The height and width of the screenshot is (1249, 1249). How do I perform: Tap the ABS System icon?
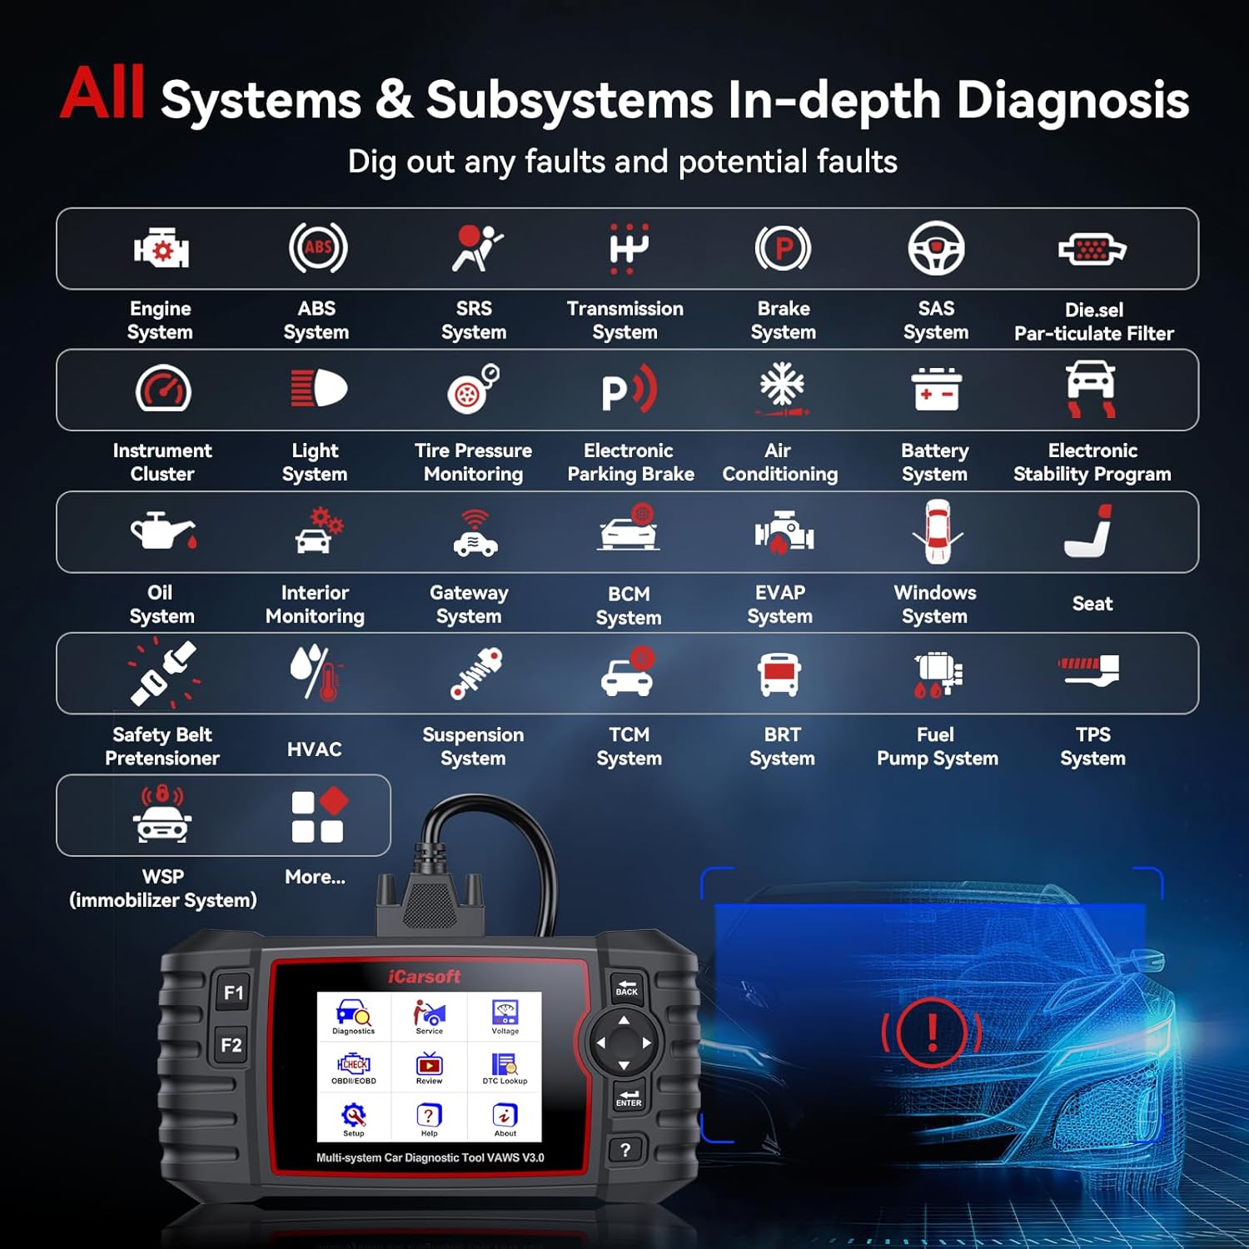[317, 247]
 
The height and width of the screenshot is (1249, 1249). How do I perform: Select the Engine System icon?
[162, 248]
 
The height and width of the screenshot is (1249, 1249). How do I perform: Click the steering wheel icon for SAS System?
[936, 248]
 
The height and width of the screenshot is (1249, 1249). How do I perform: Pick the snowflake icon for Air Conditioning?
[781, 388]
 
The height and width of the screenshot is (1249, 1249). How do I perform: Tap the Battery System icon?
[936, 389]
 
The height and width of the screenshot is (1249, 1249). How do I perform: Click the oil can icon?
[162, 531]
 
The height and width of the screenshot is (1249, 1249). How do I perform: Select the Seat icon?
[1090, 531]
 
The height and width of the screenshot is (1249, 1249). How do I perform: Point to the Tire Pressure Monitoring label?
[473, 462]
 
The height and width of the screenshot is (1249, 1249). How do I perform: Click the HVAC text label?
[314, 749]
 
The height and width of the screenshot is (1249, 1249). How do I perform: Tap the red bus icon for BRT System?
[780, 674]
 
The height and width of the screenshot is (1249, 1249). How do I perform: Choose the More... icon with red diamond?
[317, 815]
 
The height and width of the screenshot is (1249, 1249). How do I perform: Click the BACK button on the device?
[627, 987]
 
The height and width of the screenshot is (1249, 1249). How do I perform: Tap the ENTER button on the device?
[629, 1097]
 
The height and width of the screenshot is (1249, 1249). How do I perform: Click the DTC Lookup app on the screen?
[505, 1067]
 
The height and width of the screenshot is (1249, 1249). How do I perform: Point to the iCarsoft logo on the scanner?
[424, 977]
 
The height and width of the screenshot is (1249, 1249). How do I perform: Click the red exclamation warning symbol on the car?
[932, 1033]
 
